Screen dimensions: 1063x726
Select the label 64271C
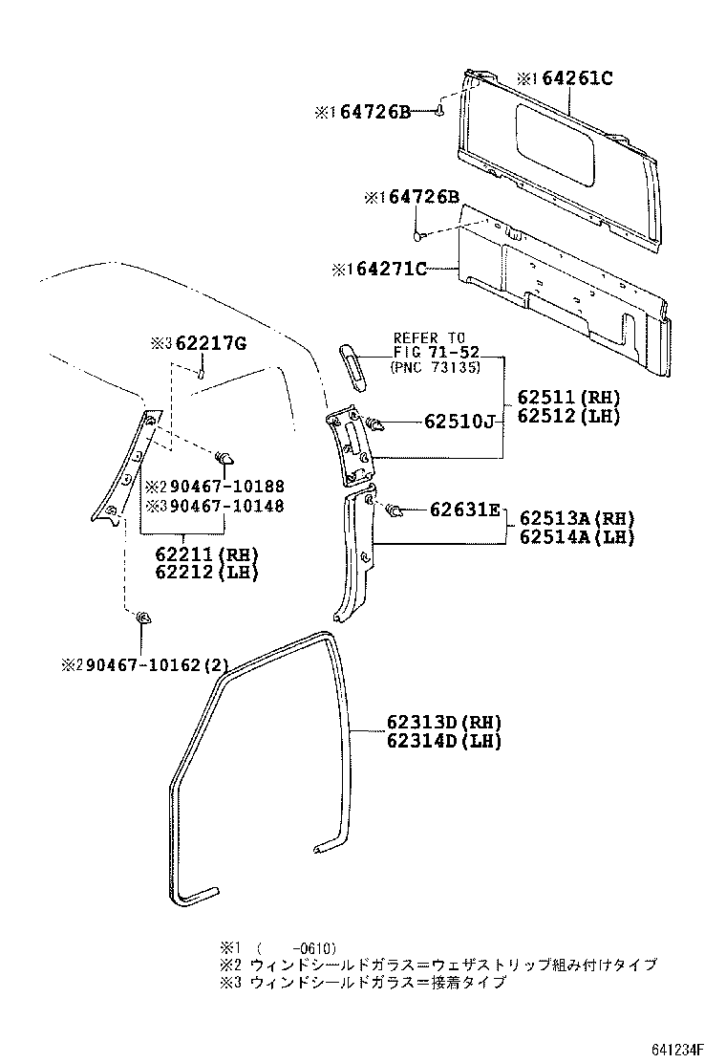point(392,271)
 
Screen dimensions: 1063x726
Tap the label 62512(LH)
point(569,416)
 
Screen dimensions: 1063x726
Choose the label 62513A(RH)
point(577,518)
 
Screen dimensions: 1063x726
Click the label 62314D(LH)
point(444,741)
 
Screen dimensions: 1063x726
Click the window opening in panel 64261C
point(554,144)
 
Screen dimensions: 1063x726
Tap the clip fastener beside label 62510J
point(375,422)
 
